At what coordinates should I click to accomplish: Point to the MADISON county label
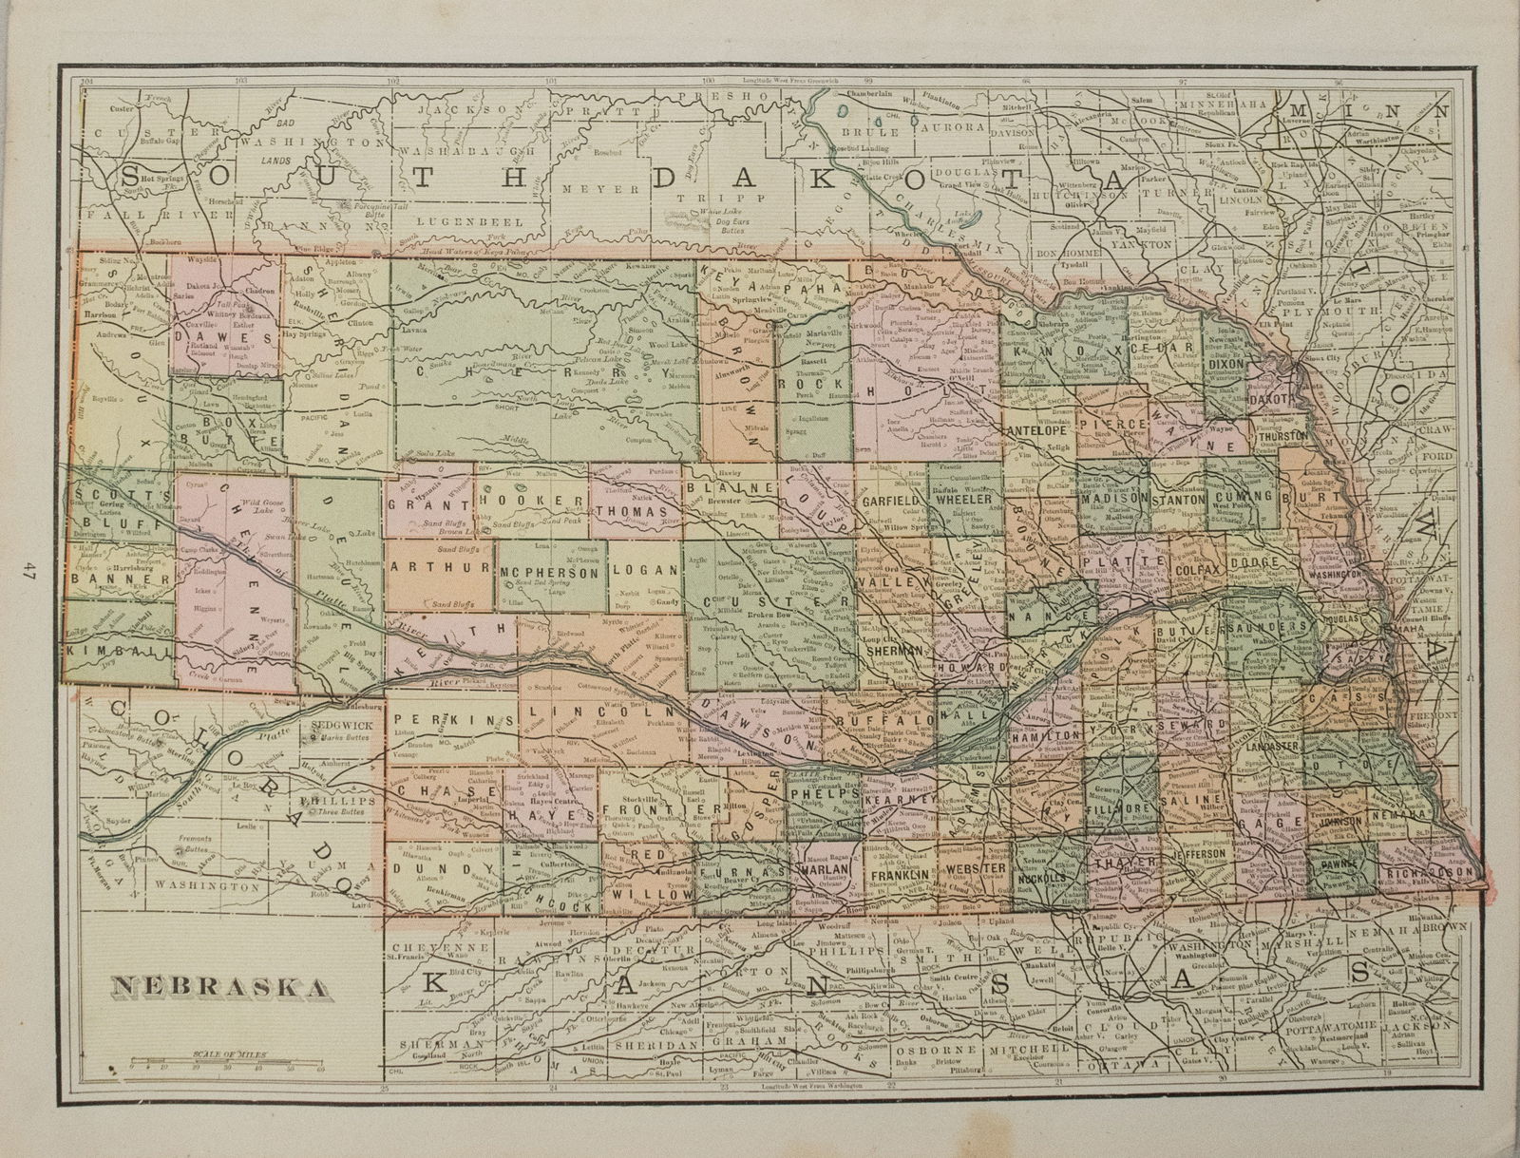[x=1109, y=498]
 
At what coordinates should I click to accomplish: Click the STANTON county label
[x=1179, y=498]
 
